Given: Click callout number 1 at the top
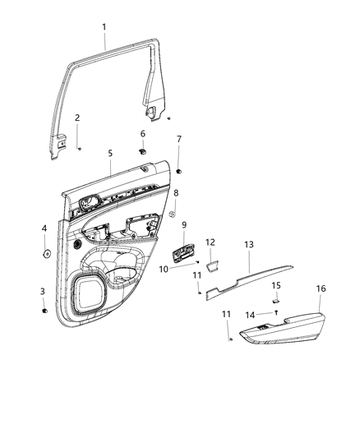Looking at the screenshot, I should pyautogui.click(x=104, y=27).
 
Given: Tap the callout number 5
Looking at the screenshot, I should pyautogui.click(x=109, y=153).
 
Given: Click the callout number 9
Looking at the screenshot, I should pyautogui.click(x=184, y=225).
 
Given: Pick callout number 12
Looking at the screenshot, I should pyautogui.click(x=210, y=242).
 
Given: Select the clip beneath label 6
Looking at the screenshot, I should pyautogui.click(x=142, y=151).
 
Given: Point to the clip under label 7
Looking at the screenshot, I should pyautogui.click(x=178, y=171).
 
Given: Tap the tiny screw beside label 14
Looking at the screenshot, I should pyautogui.click(x=277, y=313).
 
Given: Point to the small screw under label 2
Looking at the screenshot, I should pyautogui.click(x=78, y=148).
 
